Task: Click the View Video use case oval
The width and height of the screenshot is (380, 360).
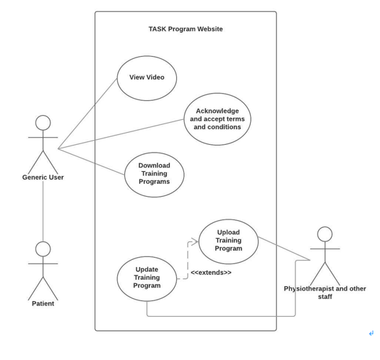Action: coord(146,78)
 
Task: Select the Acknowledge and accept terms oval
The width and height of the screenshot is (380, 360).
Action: coord(217,119)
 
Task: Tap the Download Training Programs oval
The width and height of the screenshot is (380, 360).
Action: coord(154,175)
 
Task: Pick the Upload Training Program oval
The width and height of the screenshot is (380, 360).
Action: coord(228,241)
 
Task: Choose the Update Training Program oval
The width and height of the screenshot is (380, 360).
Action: coord(146,278)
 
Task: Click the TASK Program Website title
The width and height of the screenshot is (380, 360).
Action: coord(185,29)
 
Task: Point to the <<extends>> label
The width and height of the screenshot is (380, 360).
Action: coord(210,273)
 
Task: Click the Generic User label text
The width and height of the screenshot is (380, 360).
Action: coord(43,178)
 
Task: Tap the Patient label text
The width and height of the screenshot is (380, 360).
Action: coord(43,304)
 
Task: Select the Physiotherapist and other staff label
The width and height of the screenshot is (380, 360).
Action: coord(325,293)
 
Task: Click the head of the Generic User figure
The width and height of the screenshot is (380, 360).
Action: coord(43,123)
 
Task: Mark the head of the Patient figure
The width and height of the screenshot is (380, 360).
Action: coord(43,249)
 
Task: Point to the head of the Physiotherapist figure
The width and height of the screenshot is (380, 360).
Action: coord(325,234)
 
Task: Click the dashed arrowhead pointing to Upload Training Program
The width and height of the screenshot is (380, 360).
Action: coord(195,242)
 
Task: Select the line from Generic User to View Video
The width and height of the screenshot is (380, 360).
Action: coord(87,114)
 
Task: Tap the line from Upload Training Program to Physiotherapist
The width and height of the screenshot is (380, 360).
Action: coord(284,249)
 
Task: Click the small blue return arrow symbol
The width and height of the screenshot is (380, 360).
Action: coord(371,334)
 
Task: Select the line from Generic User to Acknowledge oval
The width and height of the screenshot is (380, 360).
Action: coord(121,134)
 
